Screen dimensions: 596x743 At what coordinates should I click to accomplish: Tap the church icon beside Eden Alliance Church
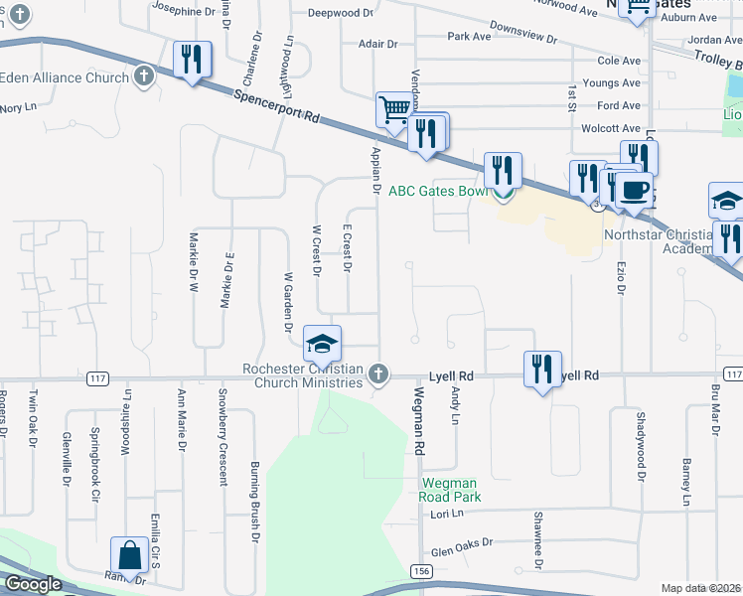click(x=144, y=76)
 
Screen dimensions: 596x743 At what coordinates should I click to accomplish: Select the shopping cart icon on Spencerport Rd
click(x=394, y=109)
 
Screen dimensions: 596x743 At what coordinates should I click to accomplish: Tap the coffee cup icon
click(x=633, y=189)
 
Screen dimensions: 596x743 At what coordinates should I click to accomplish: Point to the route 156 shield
click(x=421, y=570)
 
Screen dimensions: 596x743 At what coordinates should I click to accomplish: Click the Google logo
click(x=33, y=584)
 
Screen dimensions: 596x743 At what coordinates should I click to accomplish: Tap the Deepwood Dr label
click(x=340, y=14)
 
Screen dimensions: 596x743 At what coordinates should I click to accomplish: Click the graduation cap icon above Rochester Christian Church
click(x=322, y=345)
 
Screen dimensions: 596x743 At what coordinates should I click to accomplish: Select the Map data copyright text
click(x=701, y=588)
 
